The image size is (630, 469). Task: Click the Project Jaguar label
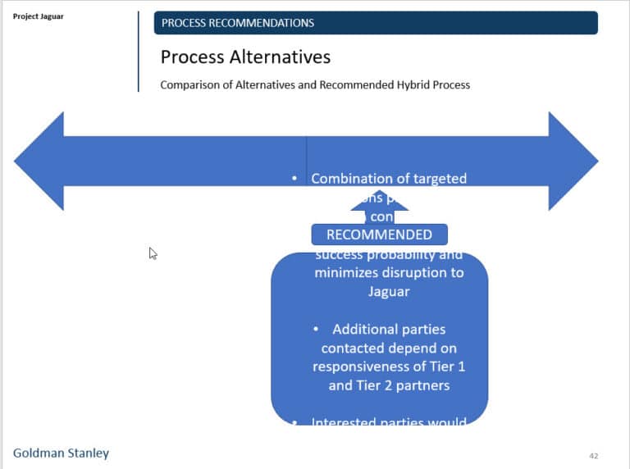click(38, 16)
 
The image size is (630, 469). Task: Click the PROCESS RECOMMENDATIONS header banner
click(375, 23)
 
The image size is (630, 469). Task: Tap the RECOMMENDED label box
click(379, 234)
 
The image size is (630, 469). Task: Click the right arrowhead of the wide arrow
click(573, 161)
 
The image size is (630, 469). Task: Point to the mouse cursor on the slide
click(153, 253)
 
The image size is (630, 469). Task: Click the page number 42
click(594, 455)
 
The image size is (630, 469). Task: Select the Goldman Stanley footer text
click(61, 453)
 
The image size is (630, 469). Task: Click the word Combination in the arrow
click(351, 179)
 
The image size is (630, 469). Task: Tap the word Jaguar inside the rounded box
click(388, 291)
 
